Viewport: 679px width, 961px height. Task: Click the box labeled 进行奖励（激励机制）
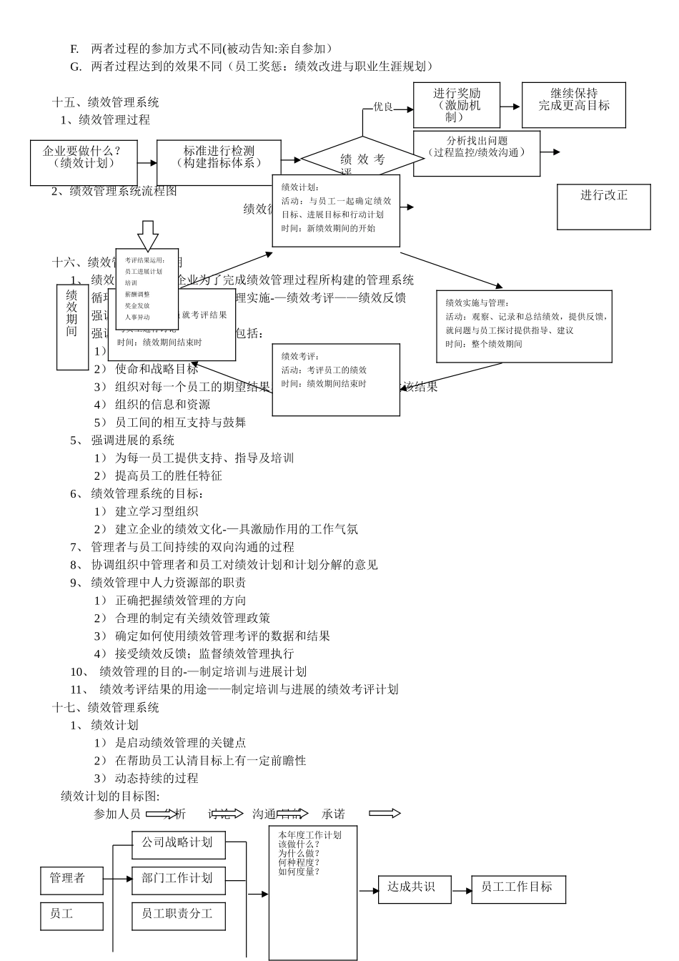(457, 105)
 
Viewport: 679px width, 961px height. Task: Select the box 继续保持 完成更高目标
(573, 105)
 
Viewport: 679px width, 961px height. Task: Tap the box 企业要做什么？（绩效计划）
(84, 162)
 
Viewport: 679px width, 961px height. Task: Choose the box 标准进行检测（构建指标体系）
(219, 162)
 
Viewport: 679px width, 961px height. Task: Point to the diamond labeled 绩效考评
(362, 159)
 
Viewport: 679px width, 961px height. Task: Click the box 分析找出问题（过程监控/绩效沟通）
(477, 153)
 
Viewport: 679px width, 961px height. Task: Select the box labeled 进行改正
(603, 207)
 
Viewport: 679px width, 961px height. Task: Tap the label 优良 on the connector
(383, 107)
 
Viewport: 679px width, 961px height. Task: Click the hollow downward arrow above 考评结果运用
(148, 235)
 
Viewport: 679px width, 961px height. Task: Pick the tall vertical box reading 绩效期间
(72, 327)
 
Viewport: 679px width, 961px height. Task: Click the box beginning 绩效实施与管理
(525, 326)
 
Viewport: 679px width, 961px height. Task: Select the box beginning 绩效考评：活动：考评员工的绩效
(336, 379)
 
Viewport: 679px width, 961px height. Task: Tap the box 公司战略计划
(178, 844)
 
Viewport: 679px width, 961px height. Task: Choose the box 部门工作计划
(178, 879)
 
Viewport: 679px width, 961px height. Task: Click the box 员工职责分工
(178, 915)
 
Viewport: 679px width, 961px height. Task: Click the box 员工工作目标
(518, 889)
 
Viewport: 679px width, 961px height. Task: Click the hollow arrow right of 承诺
(385, 814)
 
